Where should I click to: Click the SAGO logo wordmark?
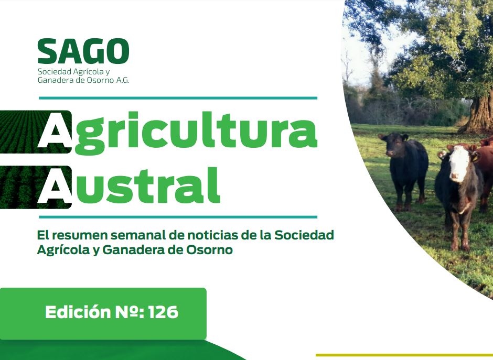point(83,51)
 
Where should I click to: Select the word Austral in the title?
point(128,186)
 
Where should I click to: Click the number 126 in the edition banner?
point(163,312)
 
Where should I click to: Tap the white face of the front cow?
point(458,163)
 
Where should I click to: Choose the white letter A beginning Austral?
point(55,186)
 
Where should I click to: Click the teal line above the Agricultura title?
point(178,98)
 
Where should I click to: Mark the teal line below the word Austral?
point(178,217)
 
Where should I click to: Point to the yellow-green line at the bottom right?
point(404,355)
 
